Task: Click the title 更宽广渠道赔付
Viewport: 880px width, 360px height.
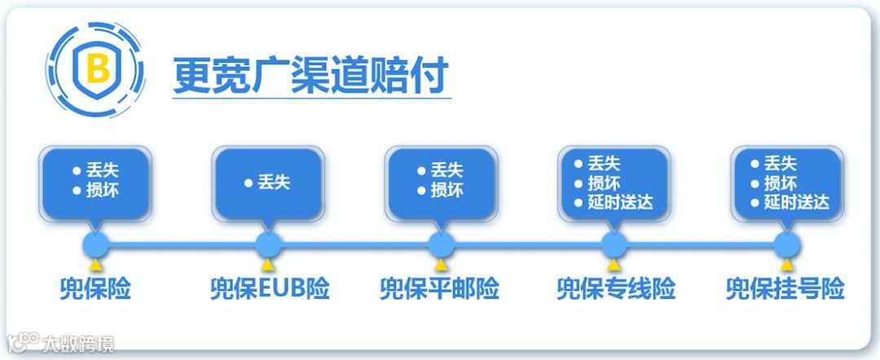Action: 310,76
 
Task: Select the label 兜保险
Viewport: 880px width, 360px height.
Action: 95,289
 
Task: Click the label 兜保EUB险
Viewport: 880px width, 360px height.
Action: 270,289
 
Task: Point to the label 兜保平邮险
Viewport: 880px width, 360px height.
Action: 439,289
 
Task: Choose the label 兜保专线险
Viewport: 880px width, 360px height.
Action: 616,289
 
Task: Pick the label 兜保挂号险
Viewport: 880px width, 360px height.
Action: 785,289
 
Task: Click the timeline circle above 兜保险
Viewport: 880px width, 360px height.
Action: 96,244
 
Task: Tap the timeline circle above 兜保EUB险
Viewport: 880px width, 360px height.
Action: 268,244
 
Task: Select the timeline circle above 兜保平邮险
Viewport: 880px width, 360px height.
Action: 441,244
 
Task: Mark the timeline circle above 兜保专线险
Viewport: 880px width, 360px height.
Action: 614,244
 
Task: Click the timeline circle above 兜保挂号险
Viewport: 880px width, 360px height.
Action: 786,244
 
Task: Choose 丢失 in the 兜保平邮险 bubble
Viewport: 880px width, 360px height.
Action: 447,171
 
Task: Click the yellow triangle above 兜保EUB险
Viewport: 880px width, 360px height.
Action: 268,264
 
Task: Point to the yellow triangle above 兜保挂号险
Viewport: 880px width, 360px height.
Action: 786,264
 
